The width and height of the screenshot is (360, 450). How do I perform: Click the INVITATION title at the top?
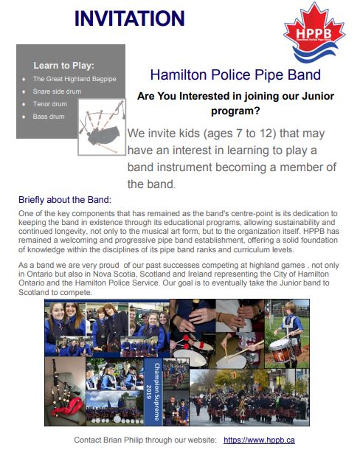click(129, 18)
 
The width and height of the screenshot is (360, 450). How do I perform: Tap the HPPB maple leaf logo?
click(314, 33)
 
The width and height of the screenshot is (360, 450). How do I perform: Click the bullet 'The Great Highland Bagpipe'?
click(75, 79)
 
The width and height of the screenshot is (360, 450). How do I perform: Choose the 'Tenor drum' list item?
click(49, 104)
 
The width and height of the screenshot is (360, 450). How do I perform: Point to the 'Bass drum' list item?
click(48, 117)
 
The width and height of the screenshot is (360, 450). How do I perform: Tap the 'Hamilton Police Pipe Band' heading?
click(235, 75)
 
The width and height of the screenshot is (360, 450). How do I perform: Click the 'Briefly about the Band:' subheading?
click(65, 200)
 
